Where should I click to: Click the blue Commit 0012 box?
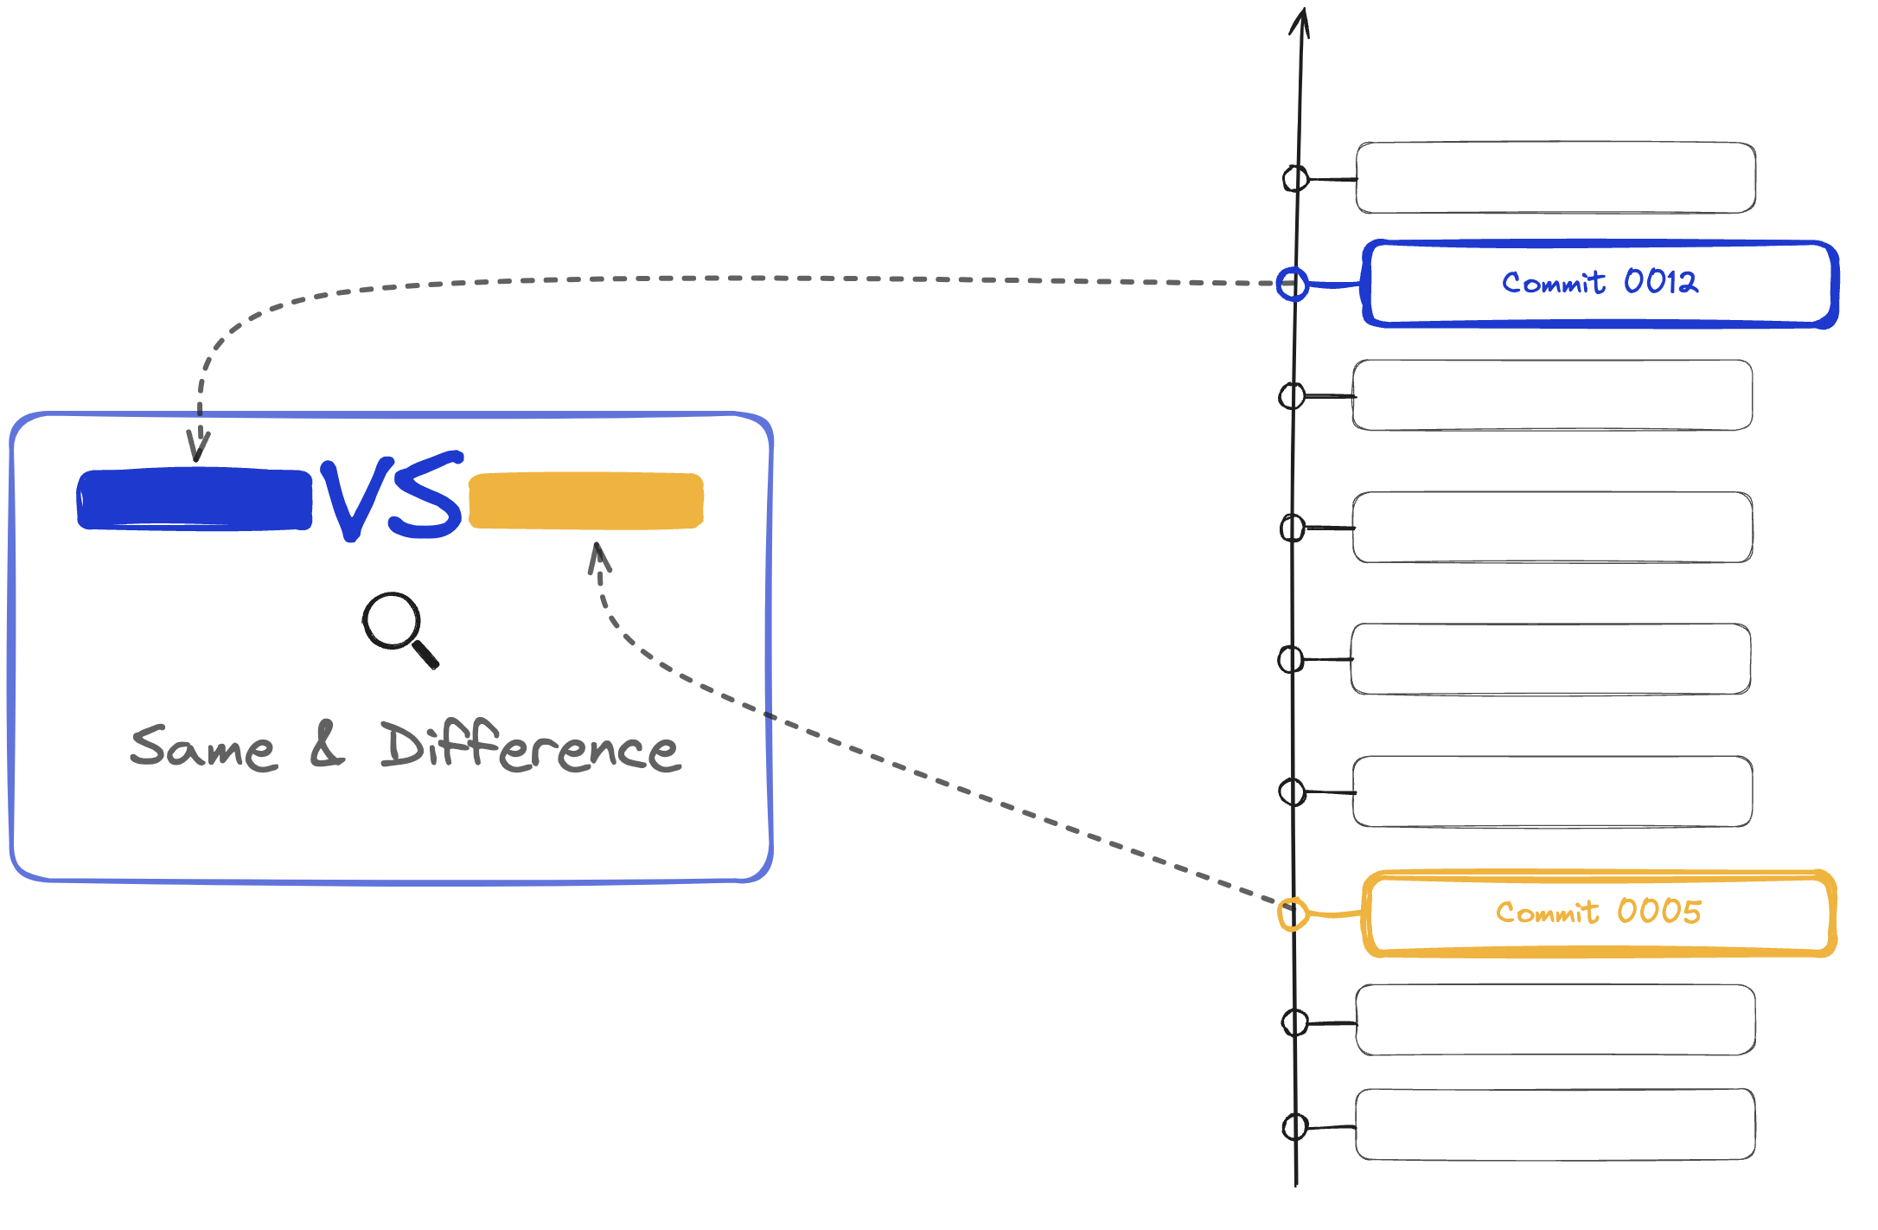coord(1600,284)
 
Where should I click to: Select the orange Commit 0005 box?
coord(1599,913)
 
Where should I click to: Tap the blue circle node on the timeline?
coord(1293,284)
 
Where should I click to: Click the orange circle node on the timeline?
coord(1293,913)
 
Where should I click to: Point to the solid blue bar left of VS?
coord(195,499)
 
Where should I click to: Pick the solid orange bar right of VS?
coord(586,500)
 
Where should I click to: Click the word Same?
coord(204,747)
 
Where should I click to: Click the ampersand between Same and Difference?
coord(327,746)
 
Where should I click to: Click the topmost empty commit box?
coord(1555,177)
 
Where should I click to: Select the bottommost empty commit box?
coord(1555,1124)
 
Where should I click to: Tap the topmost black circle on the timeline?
coord(1295,179)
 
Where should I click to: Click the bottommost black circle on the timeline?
coord(1295,1126)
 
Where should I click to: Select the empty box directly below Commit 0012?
coord(1553,395)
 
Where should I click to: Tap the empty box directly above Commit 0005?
coord(1553,791)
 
